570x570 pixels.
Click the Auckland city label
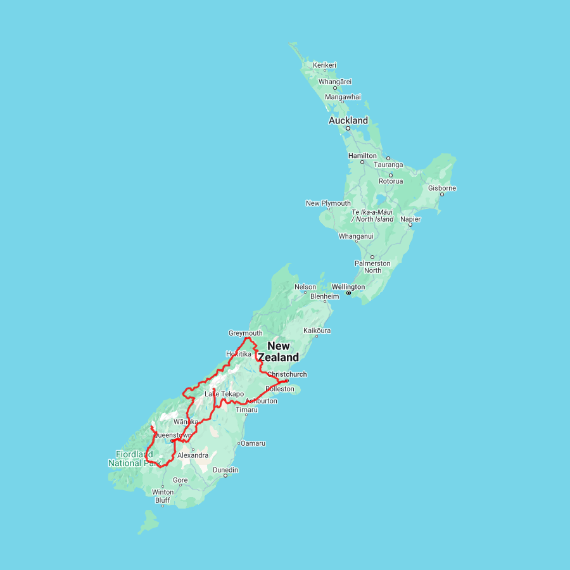pyautogui.click(x=348, y=120)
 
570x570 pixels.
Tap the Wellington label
pyautogui.click(x=348, y=287)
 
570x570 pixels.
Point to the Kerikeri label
pyautogui.click(x=324, y=65)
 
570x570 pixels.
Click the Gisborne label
pyautogui.click(x=441, y=188)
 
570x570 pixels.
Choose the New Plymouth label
pyautogui.click(x=328, y=203)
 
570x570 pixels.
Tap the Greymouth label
pyautogui.click(x=245, y=333)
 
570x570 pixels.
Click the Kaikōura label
pyautogui.click(x=317, y=331)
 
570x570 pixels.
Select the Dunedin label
pyautogui.click(x=225, y=470)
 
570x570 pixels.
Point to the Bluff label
pyautogui.click(x=162, y=500)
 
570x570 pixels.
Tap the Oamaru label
pyautogui.click(x=253, y=443)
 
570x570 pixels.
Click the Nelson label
pyautogui.click(x=305, y=287)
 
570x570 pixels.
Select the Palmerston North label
pyautogui.click(x=372, y=267)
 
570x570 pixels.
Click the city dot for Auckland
pyautogui.click(x=348, y=128)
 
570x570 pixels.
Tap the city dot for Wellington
pyautogui.click(x=348, y=293)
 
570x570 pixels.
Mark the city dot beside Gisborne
pyautogui.click(x=441, y=194)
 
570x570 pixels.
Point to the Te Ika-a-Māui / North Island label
pyautogui.click(x=372, y=215)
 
